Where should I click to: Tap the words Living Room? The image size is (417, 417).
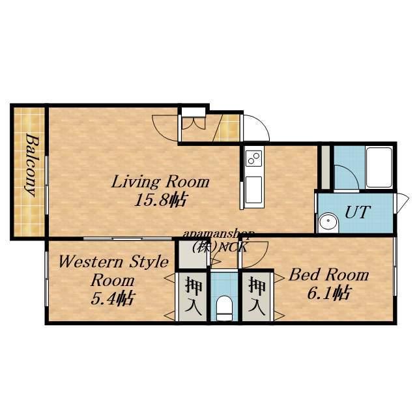coord(160,182)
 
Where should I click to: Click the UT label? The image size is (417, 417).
coord(357,212)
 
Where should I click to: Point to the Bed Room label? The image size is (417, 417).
coord(329,275)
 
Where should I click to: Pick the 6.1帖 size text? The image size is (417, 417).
coord(328,293)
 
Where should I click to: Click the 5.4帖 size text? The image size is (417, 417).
coord(112,298)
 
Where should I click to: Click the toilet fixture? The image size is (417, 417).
coord(224,308)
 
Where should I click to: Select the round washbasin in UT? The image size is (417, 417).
coord(328,221)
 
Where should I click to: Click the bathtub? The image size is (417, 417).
coord(379,167)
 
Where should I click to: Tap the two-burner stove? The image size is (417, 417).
coord(253,158)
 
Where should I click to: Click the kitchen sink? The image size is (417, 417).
coord(253,190)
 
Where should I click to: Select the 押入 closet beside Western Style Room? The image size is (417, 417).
coord(193,296)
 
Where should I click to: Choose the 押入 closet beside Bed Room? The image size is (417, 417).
coord(257,296)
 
